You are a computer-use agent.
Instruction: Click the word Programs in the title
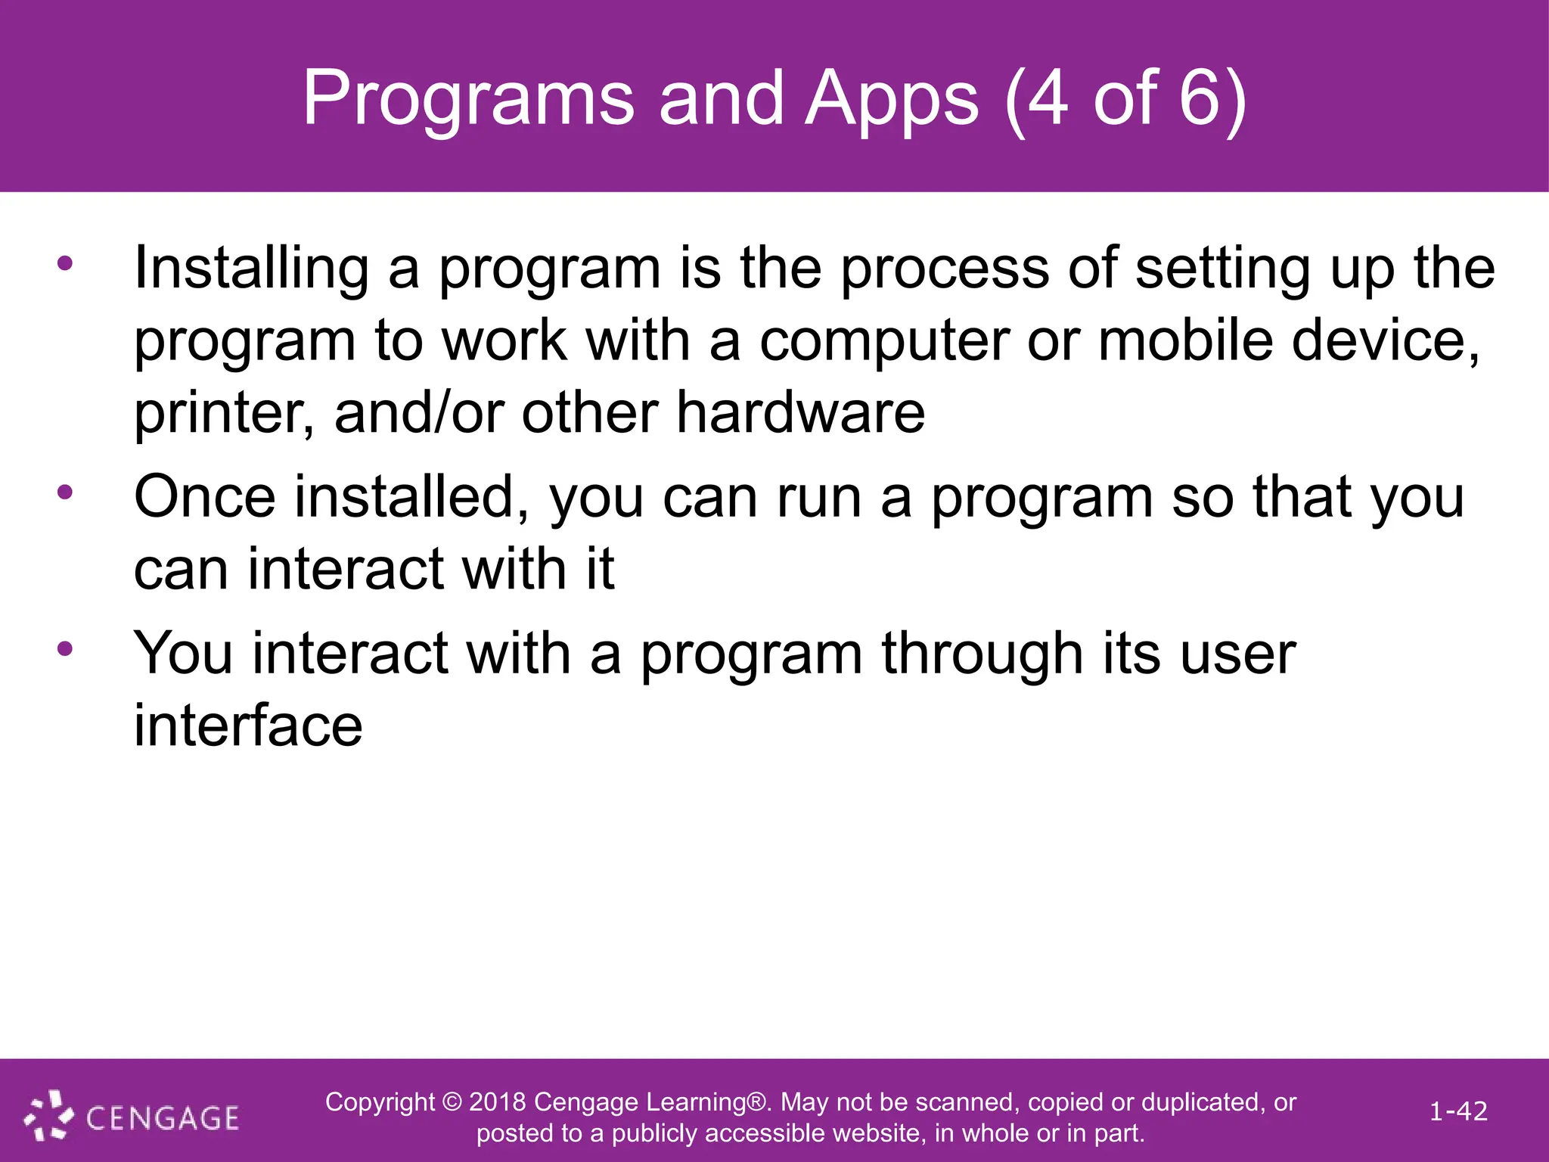(x=468, y=99)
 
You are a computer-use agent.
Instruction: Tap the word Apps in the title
(x=892, y=99)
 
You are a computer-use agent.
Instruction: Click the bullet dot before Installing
(x=65, y=263)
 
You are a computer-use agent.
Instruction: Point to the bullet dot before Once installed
(x=65, y=492)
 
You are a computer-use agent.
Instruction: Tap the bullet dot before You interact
(x=65, y=648)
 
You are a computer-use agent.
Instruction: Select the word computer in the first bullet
(x=884, y=342)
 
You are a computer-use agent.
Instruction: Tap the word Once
(x=205, y=497)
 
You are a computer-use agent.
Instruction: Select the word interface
(x=248, y=725)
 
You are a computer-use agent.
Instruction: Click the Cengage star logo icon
(x=48, y=1114)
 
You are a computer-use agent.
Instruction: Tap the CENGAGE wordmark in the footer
(x=162, y=1118)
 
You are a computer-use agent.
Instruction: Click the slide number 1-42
(x=1457, y=1111)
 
